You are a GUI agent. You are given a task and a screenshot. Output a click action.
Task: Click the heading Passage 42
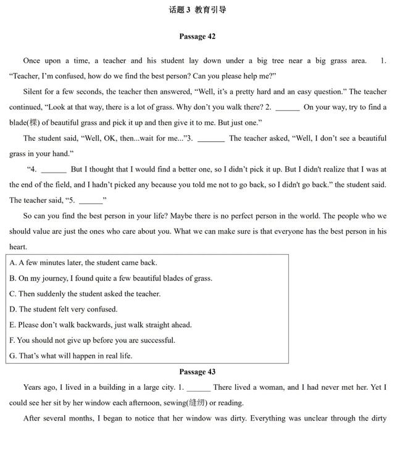[x=197, y=36]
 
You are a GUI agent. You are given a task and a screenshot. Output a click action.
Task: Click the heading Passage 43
[x=197, y=372]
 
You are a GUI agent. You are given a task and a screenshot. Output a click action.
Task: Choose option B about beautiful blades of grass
[x=110, y=278]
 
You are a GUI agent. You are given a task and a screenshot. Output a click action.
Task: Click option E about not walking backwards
[x=101, y=324]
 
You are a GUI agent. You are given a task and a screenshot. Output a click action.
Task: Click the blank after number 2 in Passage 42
[x=287, y=108]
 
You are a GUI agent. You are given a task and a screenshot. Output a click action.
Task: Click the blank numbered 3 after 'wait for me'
[x=211, y=139]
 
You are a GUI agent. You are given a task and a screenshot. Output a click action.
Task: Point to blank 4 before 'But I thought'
[x=54, y=170]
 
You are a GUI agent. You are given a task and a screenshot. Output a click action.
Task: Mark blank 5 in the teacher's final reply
[x=91, y=201]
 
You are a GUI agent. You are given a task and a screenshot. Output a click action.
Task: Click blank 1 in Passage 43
[x=198, y=389]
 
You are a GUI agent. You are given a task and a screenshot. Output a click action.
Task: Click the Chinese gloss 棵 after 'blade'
[x=35, y=123]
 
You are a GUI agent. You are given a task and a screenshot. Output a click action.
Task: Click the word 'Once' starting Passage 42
[x=31, y=60]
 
